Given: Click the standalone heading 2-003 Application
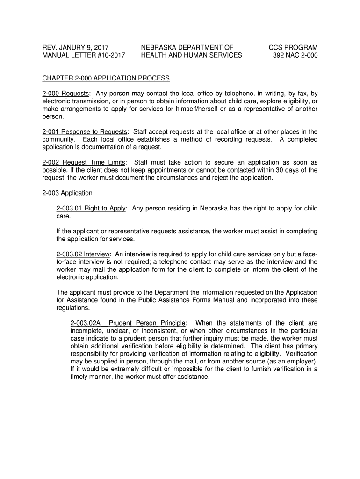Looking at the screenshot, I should point(67,193).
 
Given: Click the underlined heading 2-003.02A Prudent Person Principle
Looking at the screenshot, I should point(128,323).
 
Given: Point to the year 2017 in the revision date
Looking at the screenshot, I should point(99,47).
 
